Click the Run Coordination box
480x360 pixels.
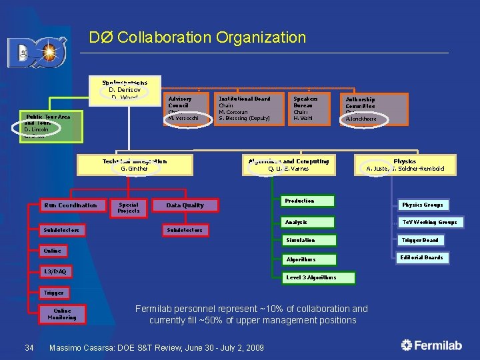point(71,205)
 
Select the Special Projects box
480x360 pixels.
point(129,208)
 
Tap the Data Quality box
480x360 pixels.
point(185,205)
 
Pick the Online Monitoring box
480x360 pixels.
point(62,313)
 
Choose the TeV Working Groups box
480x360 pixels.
point(429,222)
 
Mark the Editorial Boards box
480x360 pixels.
point(421,257)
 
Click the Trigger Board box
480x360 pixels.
point(421,240)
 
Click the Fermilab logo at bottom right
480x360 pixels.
point(431,345)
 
